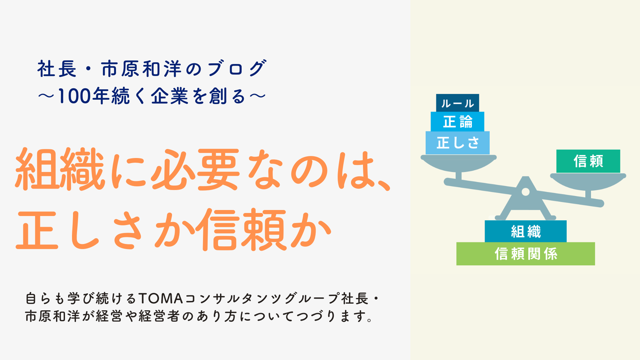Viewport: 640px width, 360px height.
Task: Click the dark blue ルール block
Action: pos(457,103)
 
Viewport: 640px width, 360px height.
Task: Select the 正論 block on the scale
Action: pos(457,122)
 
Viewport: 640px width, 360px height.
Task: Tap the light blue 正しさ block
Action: pos(457,143)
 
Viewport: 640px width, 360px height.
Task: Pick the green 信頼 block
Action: pos(588,161)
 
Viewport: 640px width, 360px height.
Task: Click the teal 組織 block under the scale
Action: pos(525,231)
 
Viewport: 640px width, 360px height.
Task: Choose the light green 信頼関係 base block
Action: pos(525,254)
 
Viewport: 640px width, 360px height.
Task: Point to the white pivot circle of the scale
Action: pos(525,192)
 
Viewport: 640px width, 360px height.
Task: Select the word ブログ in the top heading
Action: pos(237,69)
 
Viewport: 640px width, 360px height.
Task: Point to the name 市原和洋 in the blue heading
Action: pos(141,69)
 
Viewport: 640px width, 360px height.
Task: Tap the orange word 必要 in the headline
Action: pos(195,169)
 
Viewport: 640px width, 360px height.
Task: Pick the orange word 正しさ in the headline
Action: pos(80,230)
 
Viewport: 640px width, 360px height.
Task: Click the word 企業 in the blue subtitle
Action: pos(170,96)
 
